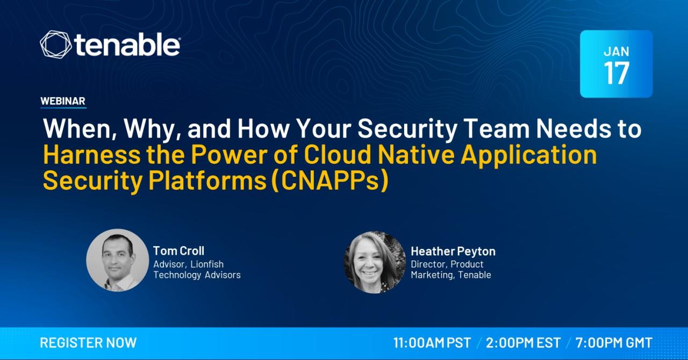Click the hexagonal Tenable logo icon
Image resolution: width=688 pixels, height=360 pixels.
pyautogui.click(x=55, y=44)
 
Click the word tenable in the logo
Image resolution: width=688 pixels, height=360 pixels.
pyautogui.click(x=127, y=45)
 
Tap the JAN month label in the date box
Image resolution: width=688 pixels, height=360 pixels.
pyautogui.click(x=617, y=52)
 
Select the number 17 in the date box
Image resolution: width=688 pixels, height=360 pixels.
pyautogui.click(x=617, y=73)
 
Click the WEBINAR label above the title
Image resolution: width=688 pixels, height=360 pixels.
pyautogui.click(x=63, y=101)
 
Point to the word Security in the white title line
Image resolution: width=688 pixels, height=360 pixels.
pyautogui.click(x=407, y=129)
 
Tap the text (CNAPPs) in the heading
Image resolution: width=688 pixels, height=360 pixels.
pyautogui.click(x=331, y=181)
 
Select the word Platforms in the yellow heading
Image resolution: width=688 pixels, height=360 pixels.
pyautogui.click(x=207, y=181)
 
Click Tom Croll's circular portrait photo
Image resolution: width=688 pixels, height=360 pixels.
pyautogui.click(x=117, y=260)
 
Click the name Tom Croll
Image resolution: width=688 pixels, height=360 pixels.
pyautogui.click(x=179, y=251)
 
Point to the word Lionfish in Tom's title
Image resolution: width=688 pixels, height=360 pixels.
pyautogui.click(x=207, y=264)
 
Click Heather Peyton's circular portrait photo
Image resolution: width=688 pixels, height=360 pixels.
pyautogui.click(x=375, y=262)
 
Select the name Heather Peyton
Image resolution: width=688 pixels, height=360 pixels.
pyautogui.click(x=453, y=251)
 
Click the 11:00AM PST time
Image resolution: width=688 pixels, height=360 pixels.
pyautogui.click(x=432, y=343)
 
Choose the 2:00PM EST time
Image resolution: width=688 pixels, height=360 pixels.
pyautogui.click(x=523, y=343)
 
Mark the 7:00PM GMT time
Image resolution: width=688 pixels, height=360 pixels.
pyautogui.click(x=614, y=343)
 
